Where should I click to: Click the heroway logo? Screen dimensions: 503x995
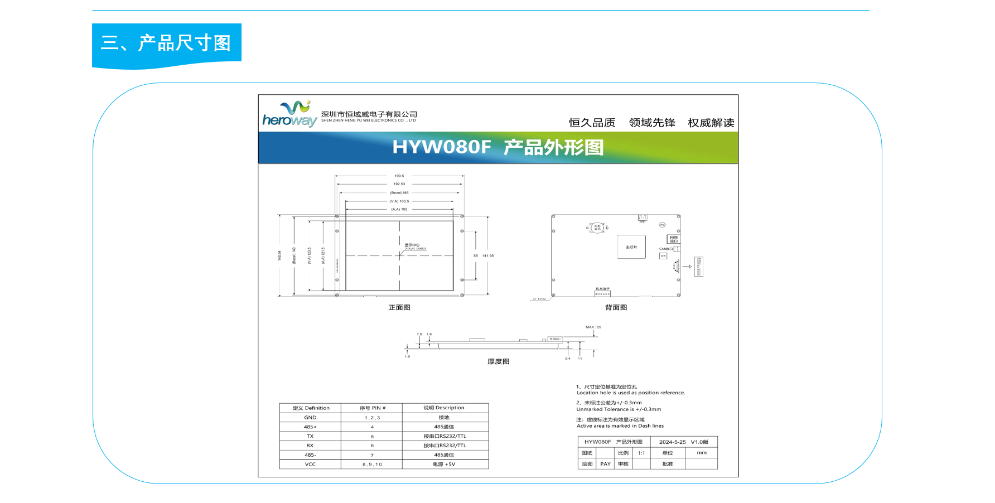coord(290,114)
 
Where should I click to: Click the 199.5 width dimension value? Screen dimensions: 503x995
coord(399,176)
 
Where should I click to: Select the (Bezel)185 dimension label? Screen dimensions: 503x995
coord(399,193)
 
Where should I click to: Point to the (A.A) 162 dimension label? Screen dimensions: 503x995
coord(399,209)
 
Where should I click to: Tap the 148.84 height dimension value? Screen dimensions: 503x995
coord(279,255)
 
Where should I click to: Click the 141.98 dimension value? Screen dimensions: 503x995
coord(488,256)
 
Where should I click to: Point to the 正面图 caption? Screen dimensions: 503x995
coord(399,307)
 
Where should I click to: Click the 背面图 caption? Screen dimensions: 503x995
coord(616,307)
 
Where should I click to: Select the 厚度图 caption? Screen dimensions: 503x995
coord(498,361)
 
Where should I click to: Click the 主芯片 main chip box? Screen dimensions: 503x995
coord(631,247)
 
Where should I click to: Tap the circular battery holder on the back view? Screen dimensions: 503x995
coord(598,228)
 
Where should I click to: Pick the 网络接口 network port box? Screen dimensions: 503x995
coord(674,239)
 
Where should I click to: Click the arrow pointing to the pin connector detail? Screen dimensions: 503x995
coord(687,267)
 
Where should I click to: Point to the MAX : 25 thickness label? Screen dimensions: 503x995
coord(593,327)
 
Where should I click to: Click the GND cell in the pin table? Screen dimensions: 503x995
coord(310,417)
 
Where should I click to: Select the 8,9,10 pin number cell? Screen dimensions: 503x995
coord(372,464)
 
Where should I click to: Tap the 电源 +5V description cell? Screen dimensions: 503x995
coord(444,464)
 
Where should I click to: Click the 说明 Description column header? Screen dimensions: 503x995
coord(444,408)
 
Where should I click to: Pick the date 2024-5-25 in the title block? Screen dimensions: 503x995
coord(673,442)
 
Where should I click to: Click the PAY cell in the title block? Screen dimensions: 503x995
coord(605,464)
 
